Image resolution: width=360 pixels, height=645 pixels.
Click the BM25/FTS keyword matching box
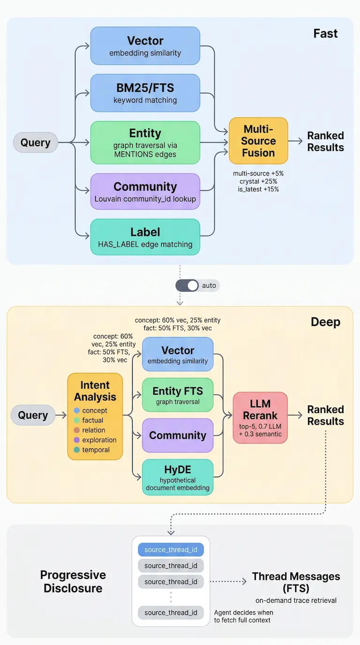[x=145, y=93]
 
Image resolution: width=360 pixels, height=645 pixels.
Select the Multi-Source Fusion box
[x=258, y=141]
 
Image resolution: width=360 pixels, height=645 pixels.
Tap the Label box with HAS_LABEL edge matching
[x=145, y=237]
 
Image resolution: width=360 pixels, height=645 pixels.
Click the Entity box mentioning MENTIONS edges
[x=145, y=142]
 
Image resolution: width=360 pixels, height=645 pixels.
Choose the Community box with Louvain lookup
[x=145, y=192]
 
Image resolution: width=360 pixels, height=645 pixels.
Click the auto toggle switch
[x=187, y=285]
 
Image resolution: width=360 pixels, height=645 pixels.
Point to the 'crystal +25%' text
[x=258, y=181]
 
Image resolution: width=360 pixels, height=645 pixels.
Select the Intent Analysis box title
[x=95, y=391]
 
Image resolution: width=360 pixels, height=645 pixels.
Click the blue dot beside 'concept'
[x=77, y=411]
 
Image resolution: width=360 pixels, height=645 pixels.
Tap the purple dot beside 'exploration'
[x=77, y=440]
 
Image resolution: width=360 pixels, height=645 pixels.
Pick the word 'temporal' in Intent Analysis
[x=96, y=450]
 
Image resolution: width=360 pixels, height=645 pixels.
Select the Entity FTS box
[x=178, y=395]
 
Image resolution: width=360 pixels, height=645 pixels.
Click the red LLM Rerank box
[x=260, y=418]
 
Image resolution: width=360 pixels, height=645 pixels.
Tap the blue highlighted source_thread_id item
[x=171, y=550]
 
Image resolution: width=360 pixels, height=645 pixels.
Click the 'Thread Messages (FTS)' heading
[x=296, y=582]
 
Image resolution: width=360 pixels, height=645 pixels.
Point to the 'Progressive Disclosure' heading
[x=73, y=581]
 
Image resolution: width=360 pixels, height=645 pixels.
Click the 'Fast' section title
[x=325, y=34]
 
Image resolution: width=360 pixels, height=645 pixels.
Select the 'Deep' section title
[x=325, y=322]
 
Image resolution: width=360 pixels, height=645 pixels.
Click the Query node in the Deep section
[x=33, y=415]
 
